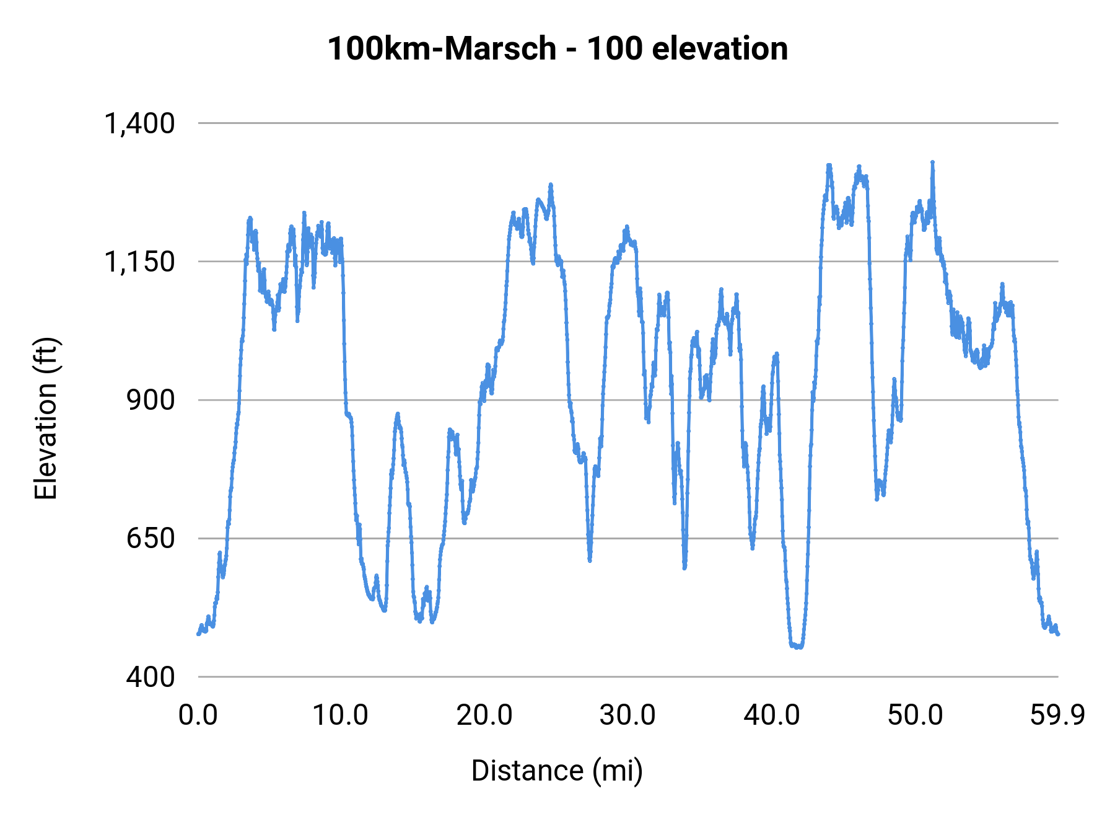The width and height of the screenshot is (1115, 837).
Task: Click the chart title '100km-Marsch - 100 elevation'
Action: (x=557, y=49)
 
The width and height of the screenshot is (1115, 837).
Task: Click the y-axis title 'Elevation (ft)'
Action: (x=46, y=418)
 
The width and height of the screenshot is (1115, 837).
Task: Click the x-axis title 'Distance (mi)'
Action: (x=557, y=771)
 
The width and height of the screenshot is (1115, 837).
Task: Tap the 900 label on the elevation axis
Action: (x=151, y=400)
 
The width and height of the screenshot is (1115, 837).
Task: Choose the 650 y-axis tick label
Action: (x=151, y=538)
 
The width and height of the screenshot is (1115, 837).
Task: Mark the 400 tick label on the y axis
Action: (x=151, y=676)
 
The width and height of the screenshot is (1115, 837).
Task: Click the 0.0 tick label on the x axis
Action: (x=198, y=715)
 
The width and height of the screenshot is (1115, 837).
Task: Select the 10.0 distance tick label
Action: (x=340, y=715)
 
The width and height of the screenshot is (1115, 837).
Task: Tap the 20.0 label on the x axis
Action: (x=484, y=715)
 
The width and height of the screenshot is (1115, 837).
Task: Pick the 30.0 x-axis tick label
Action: (x=627, y=715)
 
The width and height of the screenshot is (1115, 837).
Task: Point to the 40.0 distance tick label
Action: (x=771, y=715)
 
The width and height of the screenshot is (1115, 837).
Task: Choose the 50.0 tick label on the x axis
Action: (x=915, y=715)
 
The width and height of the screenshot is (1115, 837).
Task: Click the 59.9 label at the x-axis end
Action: (x=1057, y=715)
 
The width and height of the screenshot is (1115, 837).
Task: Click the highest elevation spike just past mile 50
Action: (x=932, y=162)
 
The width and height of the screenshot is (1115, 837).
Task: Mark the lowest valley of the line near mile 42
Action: (x=799, y=647)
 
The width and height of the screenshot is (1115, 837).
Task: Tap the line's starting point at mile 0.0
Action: (x=198, y=634)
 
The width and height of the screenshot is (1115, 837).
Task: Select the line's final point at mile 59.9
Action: (x=1058, y=634)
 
